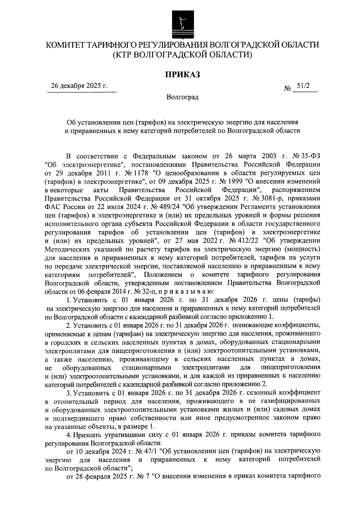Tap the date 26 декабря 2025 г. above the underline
79,86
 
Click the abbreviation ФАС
52,207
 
